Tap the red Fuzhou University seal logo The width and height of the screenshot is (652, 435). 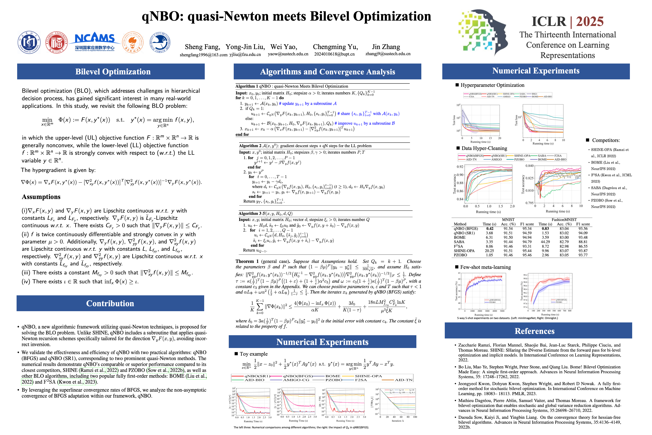pyautogui.click(x=57, y=42)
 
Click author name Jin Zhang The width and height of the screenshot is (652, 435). pyautogui.click(x=386, y=47)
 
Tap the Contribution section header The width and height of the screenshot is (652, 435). pyautogui.click(x=110, y=303)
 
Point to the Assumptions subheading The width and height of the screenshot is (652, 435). pyautogui.click(x=41, y=197)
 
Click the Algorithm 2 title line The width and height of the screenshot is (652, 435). pyautogui.click(x=305, y=146)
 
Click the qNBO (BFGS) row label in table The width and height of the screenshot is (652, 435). pyautogui.click(x=466, y=229)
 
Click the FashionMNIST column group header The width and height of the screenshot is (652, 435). pyautogui.click(x=564, y=219)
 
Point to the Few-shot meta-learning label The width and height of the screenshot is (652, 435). pyautogui.click(x=485, y=267)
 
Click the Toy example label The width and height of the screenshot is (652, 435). pyautogui.click(x=254, y=354)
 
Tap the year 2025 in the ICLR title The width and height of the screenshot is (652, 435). pyautogui.click(x=590, y=21)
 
